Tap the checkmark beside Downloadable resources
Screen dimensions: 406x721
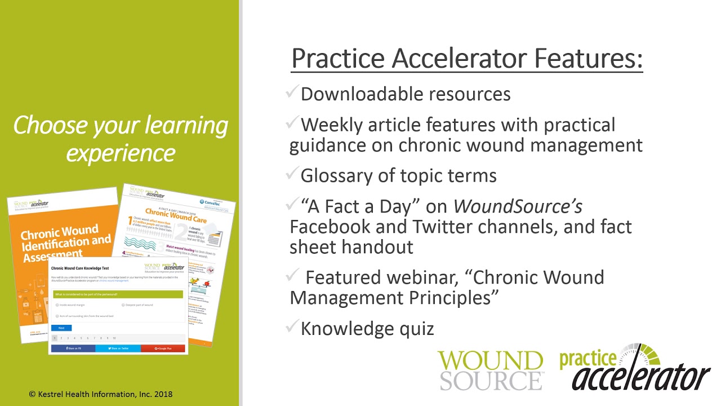pyautogui.click(x=292, y=92)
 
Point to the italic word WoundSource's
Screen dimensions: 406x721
pyautogui.click(x=518, y=206)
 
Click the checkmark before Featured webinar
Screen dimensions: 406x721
pyautogui.click(x=292, y=276)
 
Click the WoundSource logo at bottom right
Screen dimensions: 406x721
pyautogui.click(x=491, y=369)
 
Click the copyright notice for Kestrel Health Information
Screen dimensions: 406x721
pyautogui.click(x=101, y=394)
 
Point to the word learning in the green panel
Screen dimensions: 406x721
pyautogui.click(x=186, y=125)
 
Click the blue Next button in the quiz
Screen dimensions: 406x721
pyautogui.click(x=61, y=328)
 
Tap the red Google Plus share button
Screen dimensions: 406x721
pyautogui.click(x=163, y=348)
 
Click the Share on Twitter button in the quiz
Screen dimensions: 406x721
pyautogui.click(x=118, y=348)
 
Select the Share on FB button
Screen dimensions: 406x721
pyautogui.click(x=73, y=348)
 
